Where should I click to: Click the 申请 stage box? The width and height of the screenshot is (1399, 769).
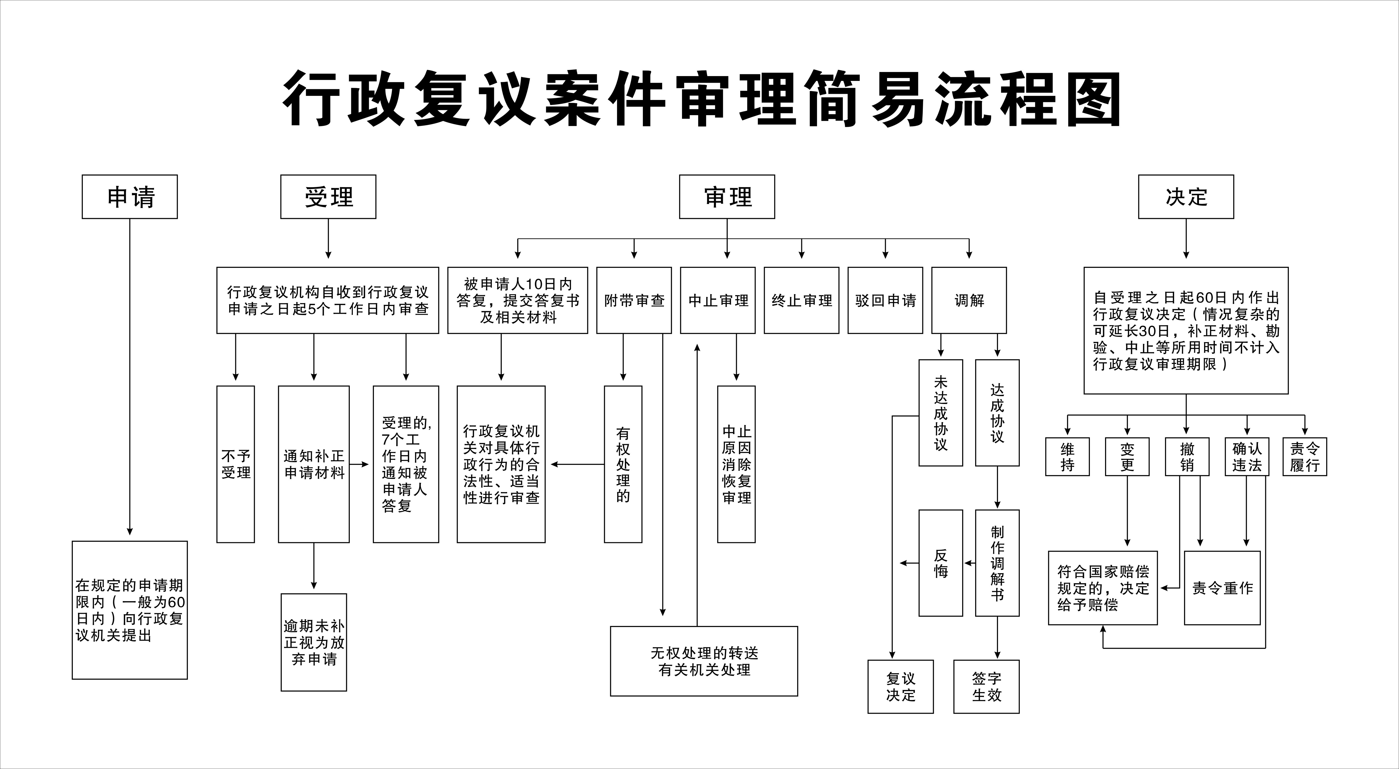(x=130, y=197)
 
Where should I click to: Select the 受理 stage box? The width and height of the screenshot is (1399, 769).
(x=328, y=197)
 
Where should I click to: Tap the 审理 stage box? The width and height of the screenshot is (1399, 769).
(x=727, y=197)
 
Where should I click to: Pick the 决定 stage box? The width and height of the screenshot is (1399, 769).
(x=1186, y=197)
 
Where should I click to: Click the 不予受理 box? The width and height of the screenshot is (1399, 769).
(x=236, y=464)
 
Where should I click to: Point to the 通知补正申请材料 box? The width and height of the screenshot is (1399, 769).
(x=313, y=464)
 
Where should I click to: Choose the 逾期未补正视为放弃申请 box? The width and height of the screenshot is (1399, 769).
(x=313, y=642)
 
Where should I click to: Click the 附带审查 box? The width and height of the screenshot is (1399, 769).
(x=634, y=300)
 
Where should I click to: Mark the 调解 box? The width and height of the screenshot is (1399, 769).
(x=969, y=300)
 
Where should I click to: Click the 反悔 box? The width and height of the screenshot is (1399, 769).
(x=941, y=563)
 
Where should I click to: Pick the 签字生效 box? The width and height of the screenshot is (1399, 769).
(x=986, y=687)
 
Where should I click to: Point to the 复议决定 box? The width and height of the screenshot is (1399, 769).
(x=901, y=687)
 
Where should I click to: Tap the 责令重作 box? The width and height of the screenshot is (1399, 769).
(x=1222, y=588)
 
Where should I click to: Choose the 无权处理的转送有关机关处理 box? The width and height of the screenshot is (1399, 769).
(x=704, y=661)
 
